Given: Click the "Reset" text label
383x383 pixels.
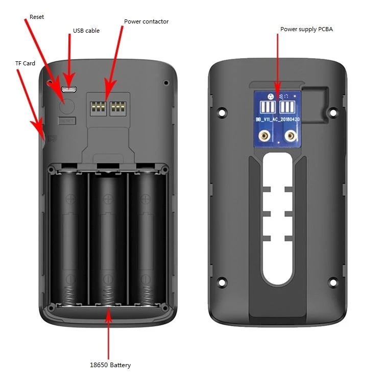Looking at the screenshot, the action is pyautogui.click(x=37, y=17).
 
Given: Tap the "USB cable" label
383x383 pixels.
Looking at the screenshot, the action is pyautogui.click(x=86, y=31).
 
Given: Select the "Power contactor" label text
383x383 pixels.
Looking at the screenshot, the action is pyautogui.click(x=146, y=22).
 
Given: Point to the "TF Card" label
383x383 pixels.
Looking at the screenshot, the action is pyautogui.click(x=25, y=63).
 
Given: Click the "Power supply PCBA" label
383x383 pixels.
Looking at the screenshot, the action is pyautogui.click(x=306, y=29).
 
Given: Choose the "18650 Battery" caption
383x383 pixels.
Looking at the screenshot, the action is pyautogui.click(x=110, y=365).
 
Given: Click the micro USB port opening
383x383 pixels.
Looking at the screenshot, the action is pyautogui.click(x=69, y=89).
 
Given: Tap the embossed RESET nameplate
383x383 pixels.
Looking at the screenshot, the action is pyautogui.click(x=67, y=121).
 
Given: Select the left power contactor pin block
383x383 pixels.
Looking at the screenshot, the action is pyautogui.click(x=98, y=107).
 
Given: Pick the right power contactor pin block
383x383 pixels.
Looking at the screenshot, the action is pyautogui.click(x=118, y=107).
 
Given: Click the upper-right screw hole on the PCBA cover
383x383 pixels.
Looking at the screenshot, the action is pyautogui.click(x=334, y=110).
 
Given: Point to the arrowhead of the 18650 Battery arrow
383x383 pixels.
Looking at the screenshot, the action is pyautogui.click(x=108, y=307).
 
